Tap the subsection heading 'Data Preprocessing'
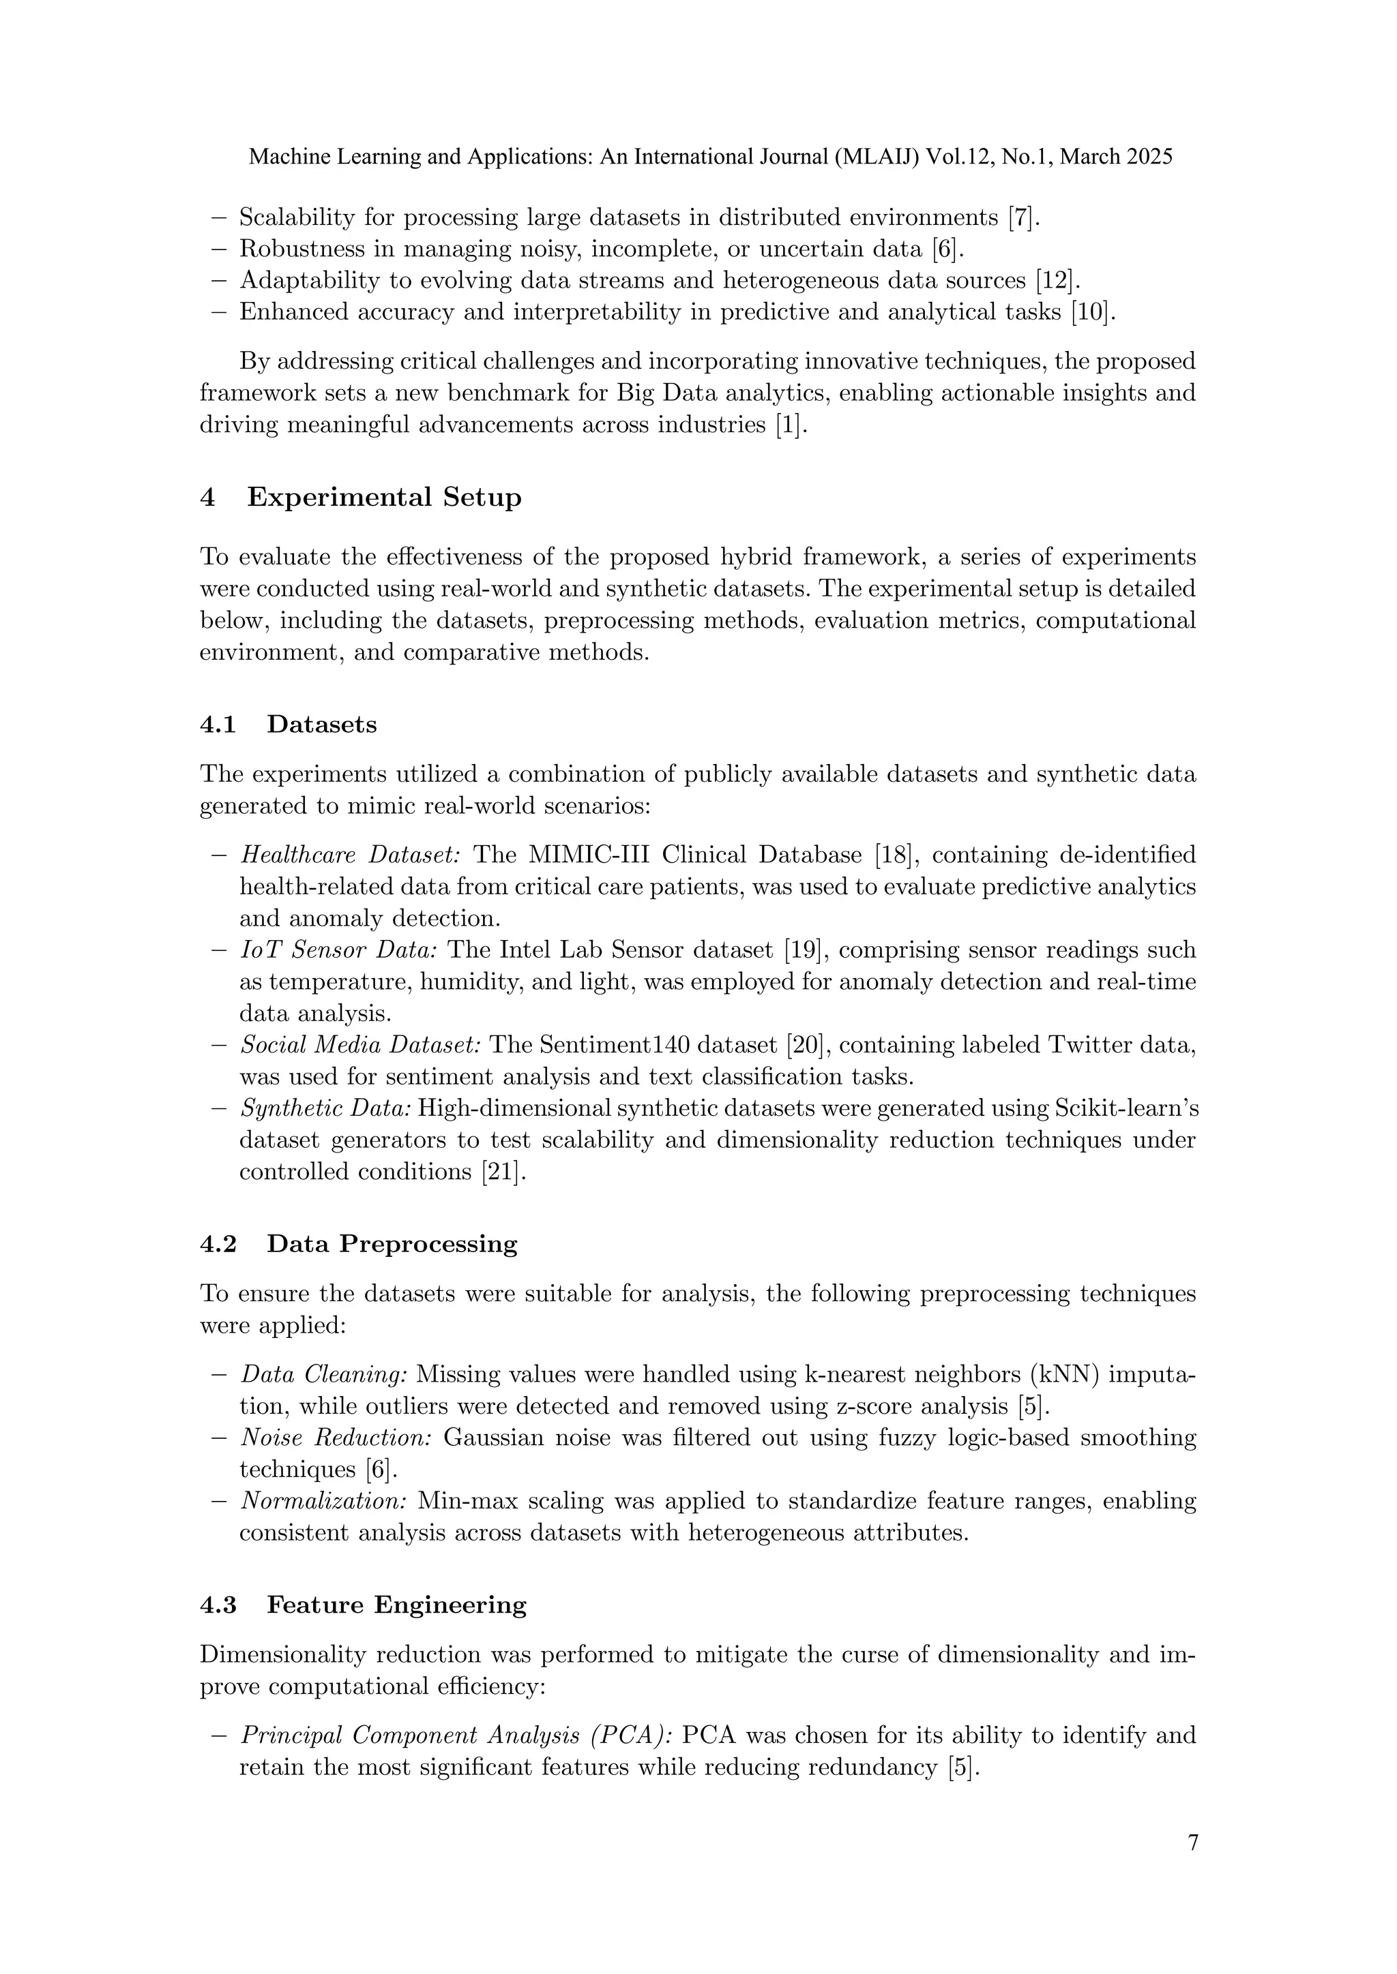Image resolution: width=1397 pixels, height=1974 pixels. [x=392, y=1244]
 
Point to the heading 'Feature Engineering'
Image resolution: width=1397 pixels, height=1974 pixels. [x=396, y=1605]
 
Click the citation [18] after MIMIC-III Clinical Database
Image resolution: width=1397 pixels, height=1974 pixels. [x=893, y=855]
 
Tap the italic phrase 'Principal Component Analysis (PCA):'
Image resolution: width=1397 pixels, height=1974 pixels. [x=457, y=1736]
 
